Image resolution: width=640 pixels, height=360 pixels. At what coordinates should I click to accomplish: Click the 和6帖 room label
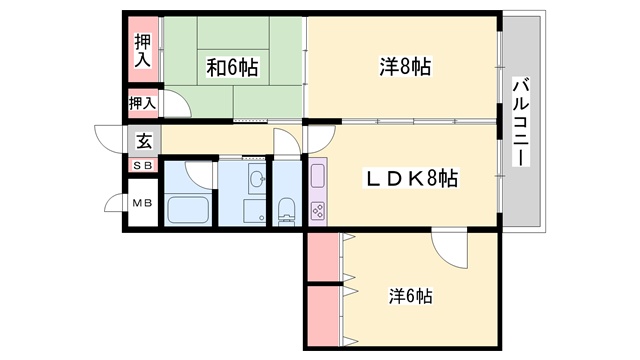coord(232,67)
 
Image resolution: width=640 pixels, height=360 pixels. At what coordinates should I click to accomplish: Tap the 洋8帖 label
coord(405,67)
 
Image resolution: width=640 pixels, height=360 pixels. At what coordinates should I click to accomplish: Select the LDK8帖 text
coord(411,178)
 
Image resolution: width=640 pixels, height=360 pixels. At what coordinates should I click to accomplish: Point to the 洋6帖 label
coord(410,296)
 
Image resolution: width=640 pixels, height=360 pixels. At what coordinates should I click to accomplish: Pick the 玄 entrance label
coord(144,141)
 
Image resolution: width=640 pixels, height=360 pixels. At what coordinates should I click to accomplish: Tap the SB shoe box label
coord(143,165)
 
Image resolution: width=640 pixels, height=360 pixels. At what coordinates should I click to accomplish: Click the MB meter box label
coord(142,202)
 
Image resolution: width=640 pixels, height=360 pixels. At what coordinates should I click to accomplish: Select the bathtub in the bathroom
coord(188,210)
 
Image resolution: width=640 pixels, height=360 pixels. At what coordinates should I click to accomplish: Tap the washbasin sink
coord(257,178)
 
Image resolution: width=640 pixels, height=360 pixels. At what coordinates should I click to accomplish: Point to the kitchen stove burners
coord(318,211)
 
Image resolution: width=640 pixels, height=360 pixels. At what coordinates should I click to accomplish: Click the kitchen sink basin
coord(318,176)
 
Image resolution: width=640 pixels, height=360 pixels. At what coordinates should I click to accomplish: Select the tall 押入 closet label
coord(143,50)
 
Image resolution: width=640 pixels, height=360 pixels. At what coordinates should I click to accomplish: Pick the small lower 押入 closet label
coord(142,103)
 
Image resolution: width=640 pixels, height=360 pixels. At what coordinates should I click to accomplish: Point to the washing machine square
coord(255,211)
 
